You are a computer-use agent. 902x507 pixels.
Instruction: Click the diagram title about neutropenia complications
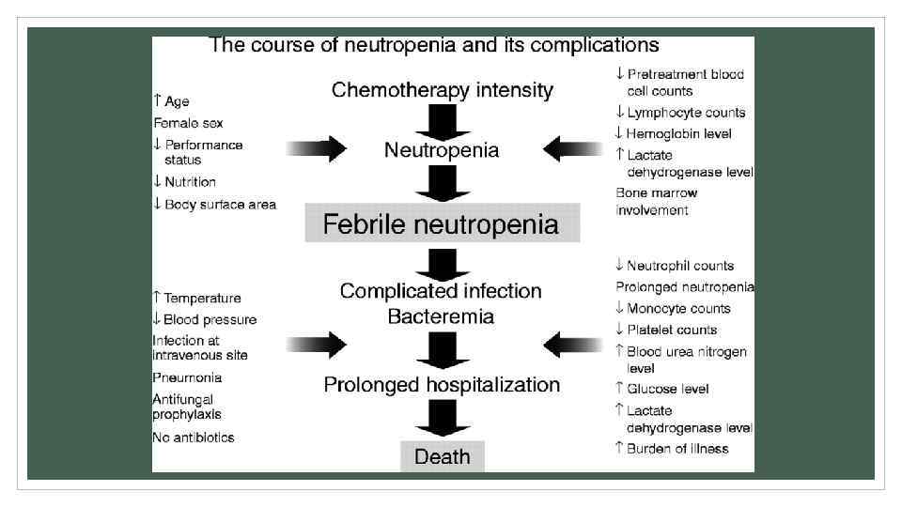click(433, 45)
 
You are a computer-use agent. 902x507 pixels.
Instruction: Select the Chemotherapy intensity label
click(443, 90)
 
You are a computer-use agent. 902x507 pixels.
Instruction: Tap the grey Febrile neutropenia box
click(442, 224)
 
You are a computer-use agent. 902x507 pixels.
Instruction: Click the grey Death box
click(443, 457)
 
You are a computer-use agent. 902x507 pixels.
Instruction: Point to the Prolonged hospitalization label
click(442, 385)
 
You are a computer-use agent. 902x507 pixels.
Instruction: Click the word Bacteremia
click(442, 316)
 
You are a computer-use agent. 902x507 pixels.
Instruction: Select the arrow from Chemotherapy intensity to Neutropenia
click(443, 121)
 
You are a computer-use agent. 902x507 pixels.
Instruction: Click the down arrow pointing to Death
click(443, 418)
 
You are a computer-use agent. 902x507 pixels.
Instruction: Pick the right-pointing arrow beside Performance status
click(319, 149)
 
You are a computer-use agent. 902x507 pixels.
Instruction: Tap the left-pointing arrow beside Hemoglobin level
click(572, 149)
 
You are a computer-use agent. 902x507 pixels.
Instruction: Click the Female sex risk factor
click(188, 123)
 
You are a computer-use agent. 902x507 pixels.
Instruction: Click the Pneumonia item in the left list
click(187, 377)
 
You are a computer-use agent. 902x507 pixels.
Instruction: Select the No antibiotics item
click(194, 438)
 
